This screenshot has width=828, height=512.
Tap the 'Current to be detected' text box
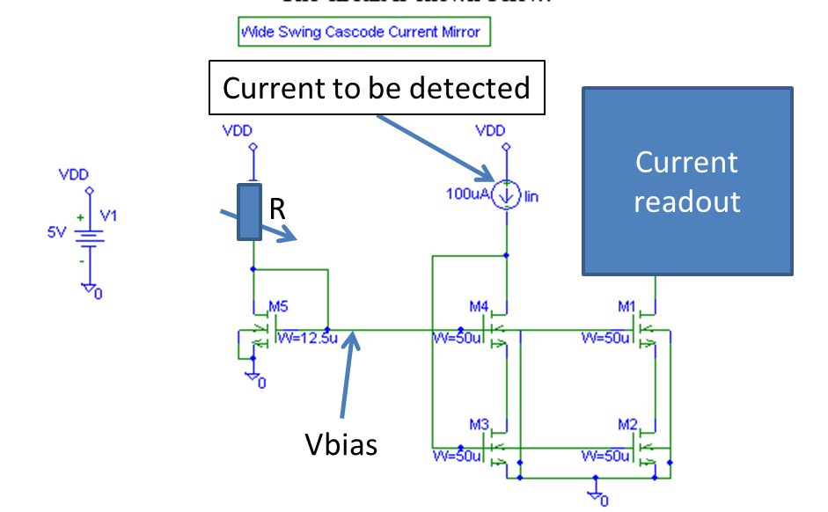pos(377,88)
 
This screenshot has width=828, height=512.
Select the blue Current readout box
pos(687,181)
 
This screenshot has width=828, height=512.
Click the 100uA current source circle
pos(506,195)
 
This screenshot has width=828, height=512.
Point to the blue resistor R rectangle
pos(253,212)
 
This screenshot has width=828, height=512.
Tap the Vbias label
pos(341,444)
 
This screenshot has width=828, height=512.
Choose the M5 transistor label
pos(278,307)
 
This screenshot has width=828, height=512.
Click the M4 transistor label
pos(479,307)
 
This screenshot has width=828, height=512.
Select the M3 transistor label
pos(479,425)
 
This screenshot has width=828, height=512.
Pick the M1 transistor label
pos(627,307)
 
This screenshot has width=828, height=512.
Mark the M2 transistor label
pos(627,425)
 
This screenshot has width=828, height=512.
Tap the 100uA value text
pos(466,195)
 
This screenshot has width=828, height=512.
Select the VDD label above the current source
pos(490,131)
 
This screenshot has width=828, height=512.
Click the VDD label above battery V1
pos(74,175)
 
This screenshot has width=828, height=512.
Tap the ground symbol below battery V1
pos(89,289)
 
